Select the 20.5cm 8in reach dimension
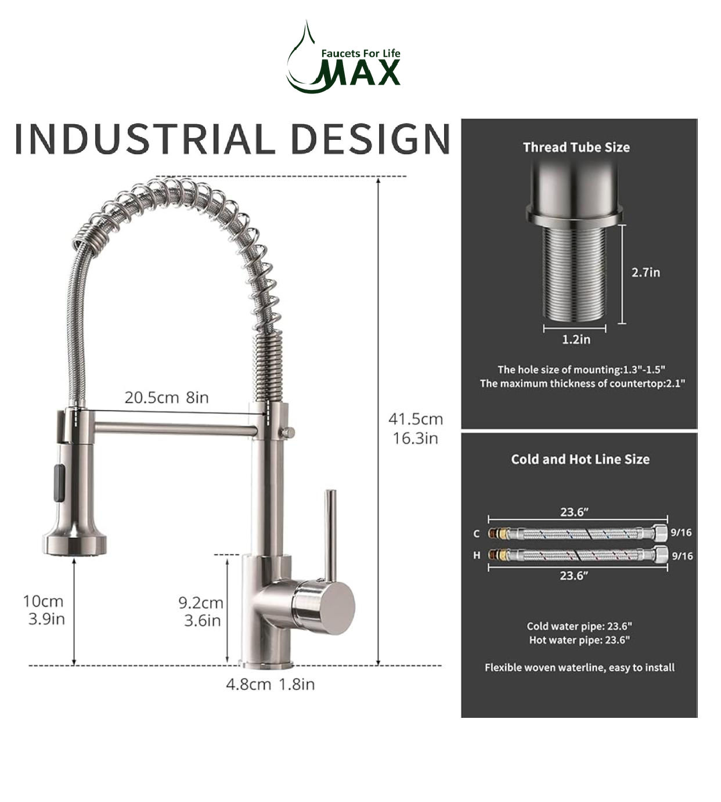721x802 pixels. click(167, 398)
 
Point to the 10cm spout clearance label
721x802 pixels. click(44, 610)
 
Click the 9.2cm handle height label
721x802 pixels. click(201, 612)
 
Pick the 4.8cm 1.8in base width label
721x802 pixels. click(270, 684)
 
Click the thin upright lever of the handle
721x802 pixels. click(330, 534)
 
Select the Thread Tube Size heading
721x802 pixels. click(576, 147)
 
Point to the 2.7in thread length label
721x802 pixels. click(646, 272)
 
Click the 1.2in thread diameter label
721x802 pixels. click(575, 339)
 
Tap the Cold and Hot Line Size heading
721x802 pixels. click(580, 459)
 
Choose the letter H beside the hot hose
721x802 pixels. click(477, 555)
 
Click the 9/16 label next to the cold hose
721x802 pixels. click(681, 533)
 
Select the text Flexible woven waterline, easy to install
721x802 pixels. click(579, 667)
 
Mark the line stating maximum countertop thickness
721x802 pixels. click(582, 384)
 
